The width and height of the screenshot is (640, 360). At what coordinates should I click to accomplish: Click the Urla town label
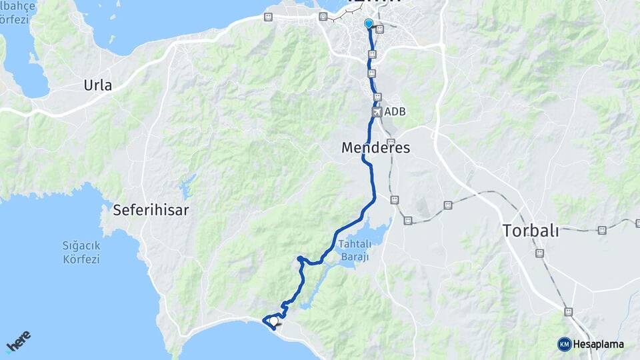click(x=98, y=85)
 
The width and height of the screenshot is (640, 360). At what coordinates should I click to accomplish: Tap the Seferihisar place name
click(x=151, y=210)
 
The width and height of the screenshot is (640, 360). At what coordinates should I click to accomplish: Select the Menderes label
click(x=376, y=147)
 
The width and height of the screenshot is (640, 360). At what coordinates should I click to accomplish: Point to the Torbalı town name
click(x=531, y=231)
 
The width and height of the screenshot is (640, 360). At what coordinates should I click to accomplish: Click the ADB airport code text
click(x=395, y=112)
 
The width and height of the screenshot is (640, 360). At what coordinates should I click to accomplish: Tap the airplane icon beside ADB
click(x=377, y=112)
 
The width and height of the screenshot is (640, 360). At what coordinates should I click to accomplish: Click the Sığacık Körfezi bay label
click(x=81, y=252)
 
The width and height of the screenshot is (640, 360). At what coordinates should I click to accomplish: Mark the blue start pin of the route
click(x=368, y=24)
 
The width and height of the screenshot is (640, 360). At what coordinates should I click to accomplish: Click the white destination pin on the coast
click(x=273, y=321)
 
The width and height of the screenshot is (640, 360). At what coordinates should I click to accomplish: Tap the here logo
click(x=19, y=341)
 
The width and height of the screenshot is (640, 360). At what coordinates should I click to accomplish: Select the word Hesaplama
click(x=598, y=344)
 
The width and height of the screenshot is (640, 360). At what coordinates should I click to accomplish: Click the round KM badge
click(x=564, y=344)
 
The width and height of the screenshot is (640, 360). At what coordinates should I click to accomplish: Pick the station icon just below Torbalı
click(x=539, y=253)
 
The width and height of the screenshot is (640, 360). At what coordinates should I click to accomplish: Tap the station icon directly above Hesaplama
click(x=568, y=311)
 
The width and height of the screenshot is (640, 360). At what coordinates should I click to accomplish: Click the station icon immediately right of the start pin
click(x=380, y=29)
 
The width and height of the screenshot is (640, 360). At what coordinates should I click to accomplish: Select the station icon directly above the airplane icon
click(x=377, y=97)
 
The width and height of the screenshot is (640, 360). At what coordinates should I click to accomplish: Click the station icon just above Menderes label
click(x=391, y=142)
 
